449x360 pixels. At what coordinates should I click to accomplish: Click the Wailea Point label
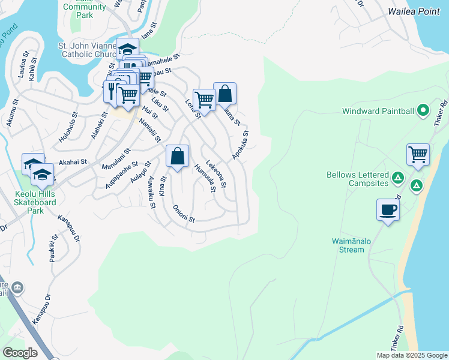point(414,11)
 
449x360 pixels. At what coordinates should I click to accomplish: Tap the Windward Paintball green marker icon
point(423,110)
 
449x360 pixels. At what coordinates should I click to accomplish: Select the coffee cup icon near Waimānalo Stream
point(388,210)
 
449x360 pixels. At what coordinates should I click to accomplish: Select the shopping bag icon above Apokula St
point(224,94)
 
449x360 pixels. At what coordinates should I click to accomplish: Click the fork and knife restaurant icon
point(111,91)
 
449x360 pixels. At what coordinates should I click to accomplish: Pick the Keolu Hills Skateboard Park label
point(37,202)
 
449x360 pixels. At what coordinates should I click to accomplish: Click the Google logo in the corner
point(20,353)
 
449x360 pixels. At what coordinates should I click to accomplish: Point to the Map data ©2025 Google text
point(411,355)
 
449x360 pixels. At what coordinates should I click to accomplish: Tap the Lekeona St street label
point(215,174)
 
